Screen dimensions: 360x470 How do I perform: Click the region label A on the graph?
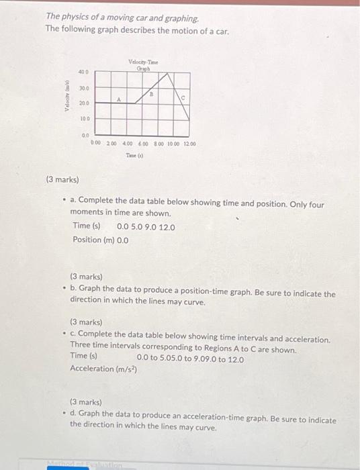(x=119, y=99)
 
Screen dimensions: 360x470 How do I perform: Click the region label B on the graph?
(x=152, y=95)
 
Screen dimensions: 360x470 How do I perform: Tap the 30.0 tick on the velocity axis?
(x=83, y=88)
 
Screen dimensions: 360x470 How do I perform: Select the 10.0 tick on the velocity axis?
(x=85, y=118)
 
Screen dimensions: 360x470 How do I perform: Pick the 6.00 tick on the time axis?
(x=143, y=144)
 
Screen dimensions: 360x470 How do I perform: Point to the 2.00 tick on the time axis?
(x=111, y=144)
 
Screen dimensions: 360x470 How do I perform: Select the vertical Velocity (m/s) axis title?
(x=68, y=99)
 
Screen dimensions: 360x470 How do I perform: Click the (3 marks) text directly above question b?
(x=86, y=276)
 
